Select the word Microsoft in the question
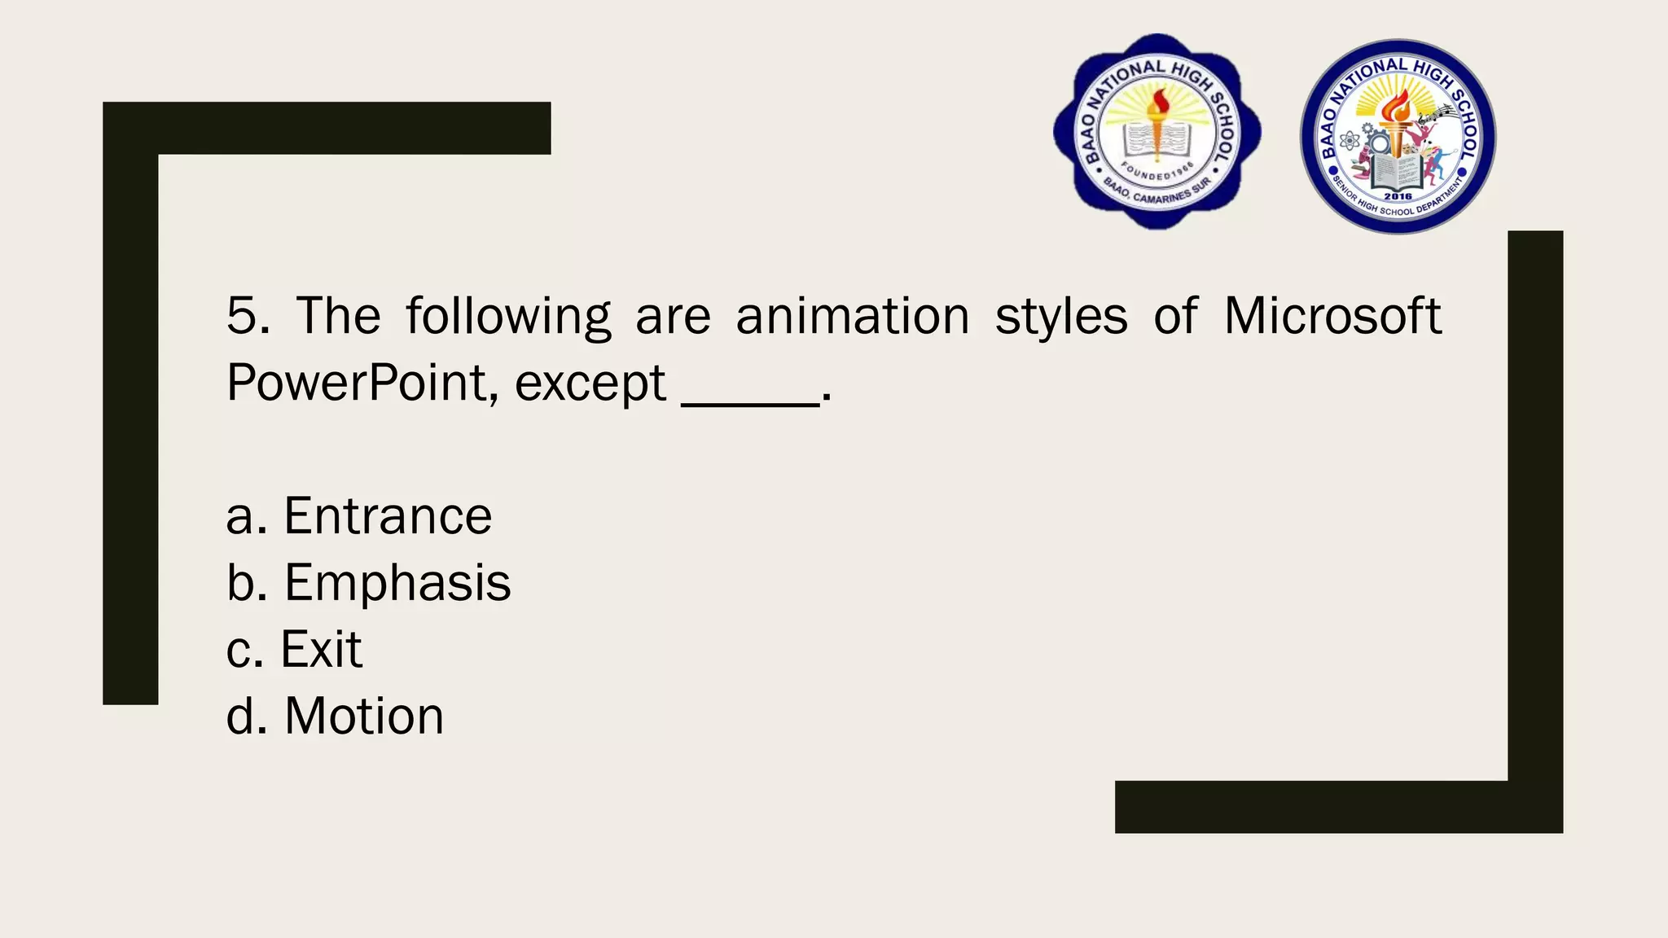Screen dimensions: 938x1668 1332,316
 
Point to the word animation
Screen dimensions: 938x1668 852,316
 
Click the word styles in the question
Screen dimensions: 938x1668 1061,318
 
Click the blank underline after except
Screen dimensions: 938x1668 750,399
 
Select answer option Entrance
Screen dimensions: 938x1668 387,516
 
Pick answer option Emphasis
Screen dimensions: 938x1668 397,583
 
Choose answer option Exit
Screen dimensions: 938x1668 321,650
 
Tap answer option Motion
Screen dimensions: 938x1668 363,717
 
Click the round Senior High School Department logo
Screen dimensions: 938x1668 1398,137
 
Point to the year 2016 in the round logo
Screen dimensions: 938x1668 1398,196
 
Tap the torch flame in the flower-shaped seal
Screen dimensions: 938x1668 1157,103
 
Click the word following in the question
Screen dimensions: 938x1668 508,318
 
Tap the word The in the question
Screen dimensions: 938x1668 338,316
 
